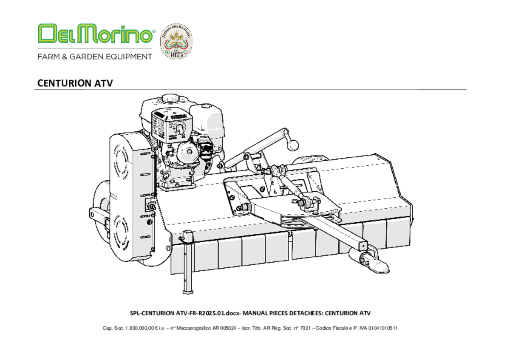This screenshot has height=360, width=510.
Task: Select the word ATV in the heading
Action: pos(105,83)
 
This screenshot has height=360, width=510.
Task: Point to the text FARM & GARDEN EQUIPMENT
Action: pos(95,57)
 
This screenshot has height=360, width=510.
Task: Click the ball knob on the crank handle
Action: pos(292,145)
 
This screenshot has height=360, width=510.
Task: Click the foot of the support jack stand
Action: pos(187,291)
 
